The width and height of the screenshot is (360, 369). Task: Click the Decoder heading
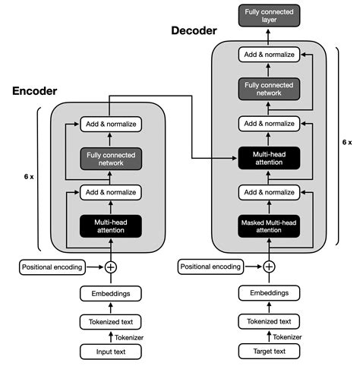pos(193,31)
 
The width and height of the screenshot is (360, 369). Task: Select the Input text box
pos(111,351)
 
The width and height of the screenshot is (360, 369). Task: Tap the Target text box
pos(269,351)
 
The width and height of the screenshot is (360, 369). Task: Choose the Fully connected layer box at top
pos(269,15)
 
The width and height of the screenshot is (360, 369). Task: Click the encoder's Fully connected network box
pos(111,159)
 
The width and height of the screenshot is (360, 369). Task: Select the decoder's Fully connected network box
pos(269,89)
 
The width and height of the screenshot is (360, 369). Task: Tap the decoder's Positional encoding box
pos(210,267)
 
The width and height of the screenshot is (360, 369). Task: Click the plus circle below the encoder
pos(111,267)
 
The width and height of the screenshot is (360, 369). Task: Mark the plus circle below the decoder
pos(269,267)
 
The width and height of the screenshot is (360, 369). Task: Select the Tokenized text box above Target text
pos(269,323)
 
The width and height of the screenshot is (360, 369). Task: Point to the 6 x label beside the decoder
pos(346,142)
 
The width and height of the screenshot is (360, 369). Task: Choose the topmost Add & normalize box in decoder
pos(269,55)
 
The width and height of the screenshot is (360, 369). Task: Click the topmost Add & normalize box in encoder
pos(111,125)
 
